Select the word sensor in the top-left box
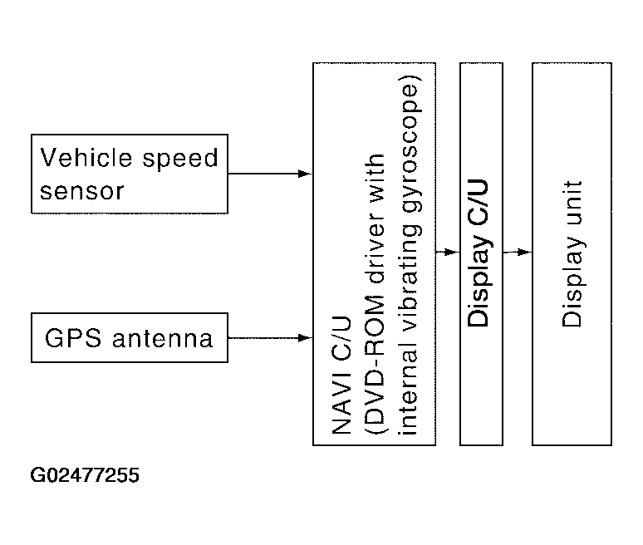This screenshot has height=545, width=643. click(81, 191)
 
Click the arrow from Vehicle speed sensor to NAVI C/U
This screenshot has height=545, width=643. click(269, 174)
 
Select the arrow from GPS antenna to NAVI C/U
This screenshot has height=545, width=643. click(269, 338)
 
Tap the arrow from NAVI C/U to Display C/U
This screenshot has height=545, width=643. click(447, 252)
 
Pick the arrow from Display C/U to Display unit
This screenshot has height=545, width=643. click(517, 252)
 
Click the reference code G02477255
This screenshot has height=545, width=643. click(86, 476)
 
